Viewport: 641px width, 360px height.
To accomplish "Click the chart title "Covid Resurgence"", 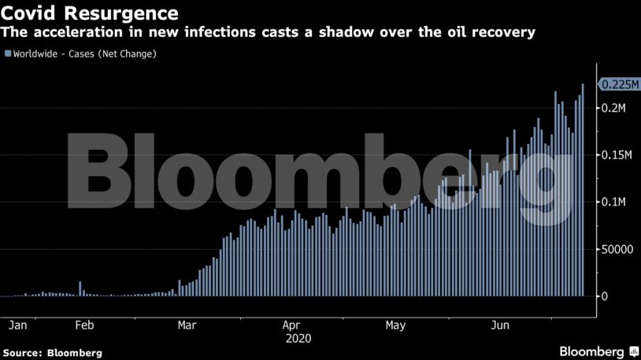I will [89, 13].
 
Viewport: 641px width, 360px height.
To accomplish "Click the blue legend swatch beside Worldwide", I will [8, 54].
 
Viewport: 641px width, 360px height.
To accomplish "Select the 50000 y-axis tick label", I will [616, 250].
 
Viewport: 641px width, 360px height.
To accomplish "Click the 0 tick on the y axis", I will [603, 297].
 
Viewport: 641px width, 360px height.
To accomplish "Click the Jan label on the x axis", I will [17, 325].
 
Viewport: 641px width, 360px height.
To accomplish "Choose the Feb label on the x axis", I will [84, 325].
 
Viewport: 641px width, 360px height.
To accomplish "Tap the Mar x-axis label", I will [187, 325].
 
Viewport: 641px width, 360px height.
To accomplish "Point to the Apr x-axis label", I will [291, 325].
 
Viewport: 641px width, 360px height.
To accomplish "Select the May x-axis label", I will [395, 325].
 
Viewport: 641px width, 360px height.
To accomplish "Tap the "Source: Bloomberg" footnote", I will [52, 353].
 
